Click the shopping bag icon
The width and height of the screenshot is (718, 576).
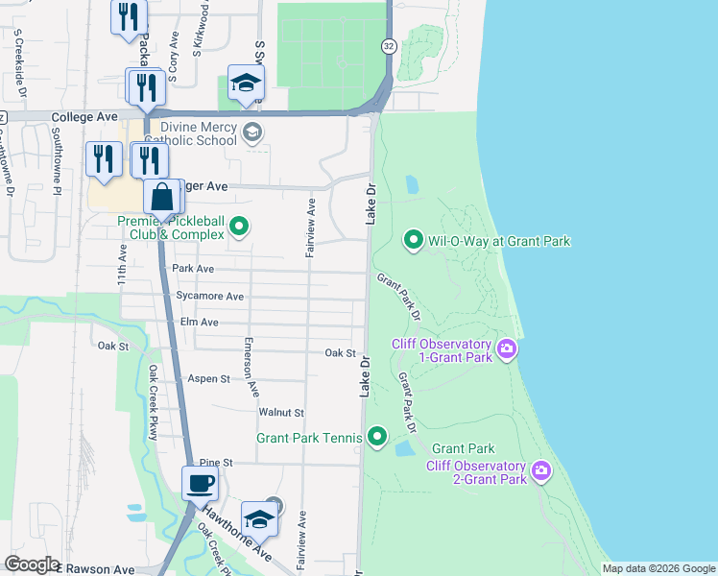tap(164, 198)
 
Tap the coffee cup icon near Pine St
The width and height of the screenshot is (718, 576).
tap(200, 483)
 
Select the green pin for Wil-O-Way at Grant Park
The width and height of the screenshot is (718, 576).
tap(414, 239)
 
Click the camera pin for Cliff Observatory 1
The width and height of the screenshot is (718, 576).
tap(507, 350)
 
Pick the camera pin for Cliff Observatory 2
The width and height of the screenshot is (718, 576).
tap(541, 470)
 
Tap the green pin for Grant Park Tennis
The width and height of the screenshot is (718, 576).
tap(377, 439)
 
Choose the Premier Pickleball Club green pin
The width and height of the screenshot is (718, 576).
tap(240, 228)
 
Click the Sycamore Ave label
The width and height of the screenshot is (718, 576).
tap(209, 297)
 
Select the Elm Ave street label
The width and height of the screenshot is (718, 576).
tap(200, 322)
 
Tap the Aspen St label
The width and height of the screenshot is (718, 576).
tap(208, 379)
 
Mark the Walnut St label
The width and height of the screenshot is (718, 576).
tap(280, 413)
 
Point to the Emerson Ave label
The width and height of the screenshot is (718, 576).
tap(251, 368)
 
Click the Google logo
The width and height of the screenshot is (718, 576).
tap(32, 564)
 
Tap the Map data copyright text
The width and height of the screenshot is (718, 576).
tap(658, 568)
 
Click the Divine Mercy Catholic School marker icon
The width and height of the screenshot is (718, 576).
tap(252, 132)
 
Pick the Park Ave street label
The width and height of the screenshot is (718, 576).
tap(192, 269)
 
